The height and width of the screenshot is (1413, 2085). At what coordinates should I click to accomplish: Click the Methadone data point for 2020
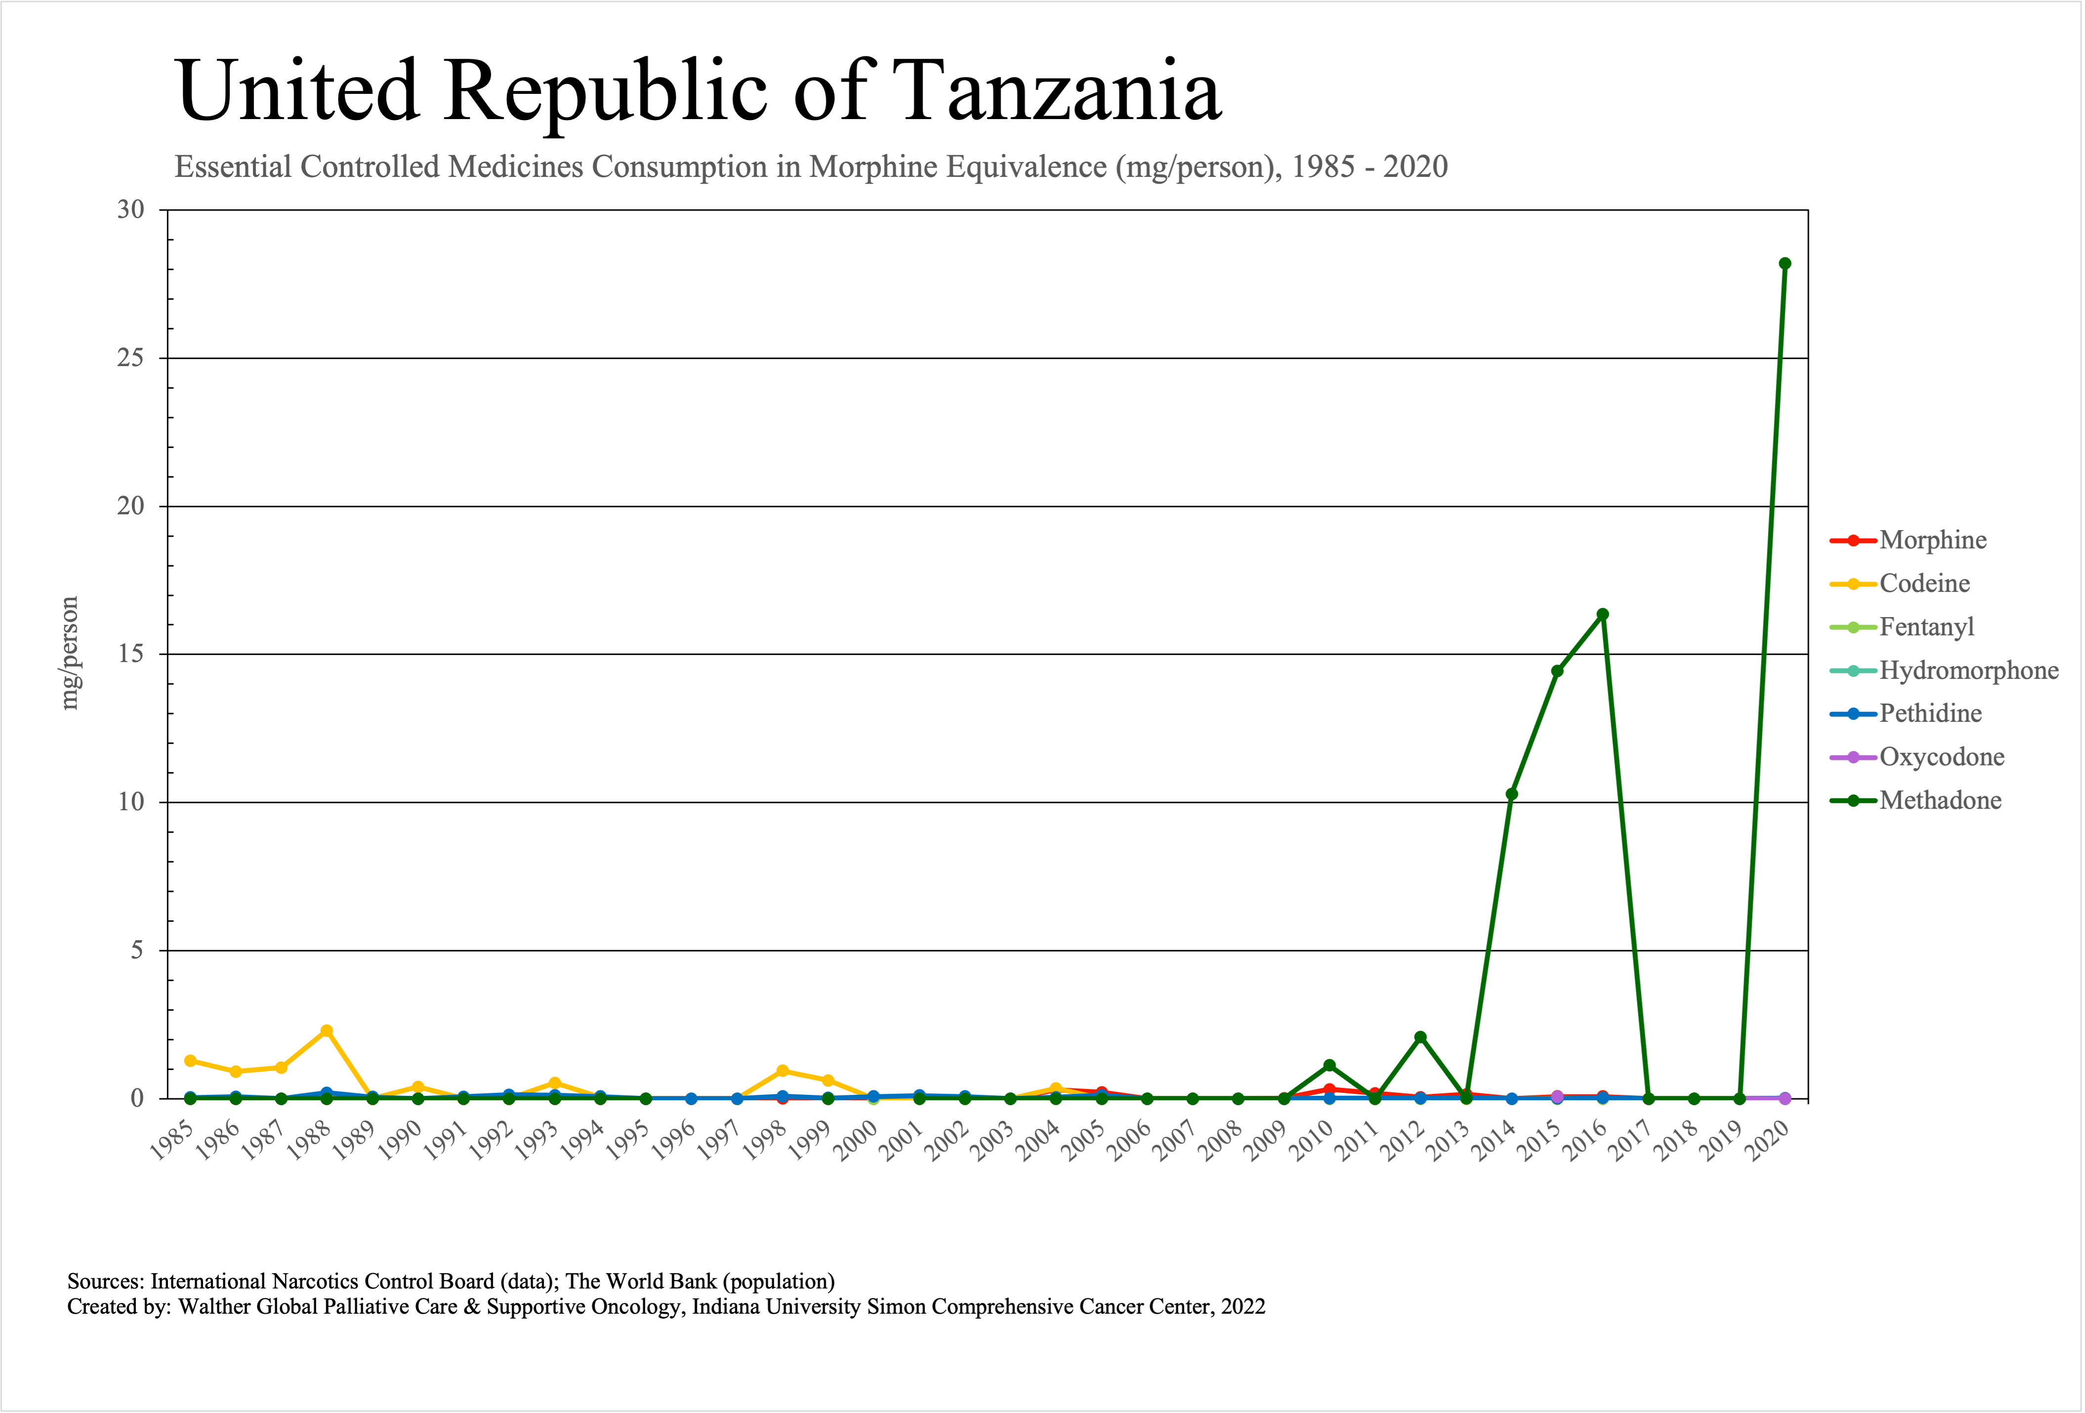pos(1785,264)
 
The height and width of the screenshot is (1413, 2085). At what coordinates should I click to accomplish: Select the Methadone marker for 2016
pos(1602,615)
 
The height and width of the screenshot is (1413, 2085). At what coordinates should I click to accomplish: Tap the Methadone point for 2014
pos(1512,794)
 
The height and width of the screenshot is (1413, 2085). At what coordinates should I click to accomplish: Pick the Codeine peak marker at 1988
pos(327,1031)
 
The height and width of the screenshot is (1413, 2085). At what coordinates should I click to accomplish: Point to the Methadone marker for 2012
pos(1420,1037)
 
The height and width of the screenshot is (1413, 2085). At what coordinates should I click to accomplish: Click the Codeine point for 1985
pos(190,1060)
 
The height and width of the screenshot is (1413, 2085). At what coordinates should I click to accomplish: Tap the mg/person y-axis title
pos(69,653)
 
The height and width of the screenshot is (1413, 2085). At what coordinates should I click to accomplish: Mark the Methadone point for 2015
pos(1556,671)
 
